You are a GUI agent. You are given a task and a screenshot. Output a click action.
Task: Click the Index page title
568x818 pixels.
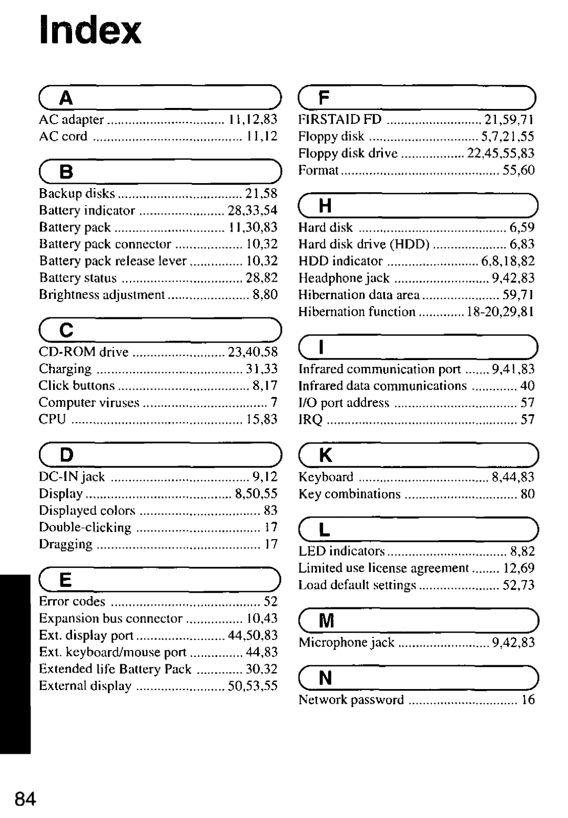[90, 30]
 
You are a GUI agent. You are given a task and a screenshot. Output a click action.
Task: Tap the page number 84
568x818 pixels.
[25, 799]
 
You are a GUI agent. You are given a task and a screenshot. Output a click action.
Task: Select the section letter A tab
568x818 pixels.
[66, 98]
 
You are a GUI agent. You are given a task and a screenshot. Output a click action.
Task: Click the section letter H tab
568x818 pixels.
[326, 206]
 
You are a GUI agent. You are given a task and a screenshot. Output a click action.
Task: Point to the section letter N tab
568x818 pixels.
[326, 678]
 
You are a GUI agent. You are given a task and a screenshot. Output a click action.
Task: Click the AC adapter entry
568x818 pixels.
[72, 119]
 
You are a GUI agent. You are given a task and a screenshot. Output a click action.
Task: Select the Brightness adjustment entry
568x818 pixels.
[102, 295]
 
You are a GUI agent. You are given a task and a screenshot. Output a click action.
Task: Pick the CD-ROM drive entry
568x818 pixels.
[84, 352]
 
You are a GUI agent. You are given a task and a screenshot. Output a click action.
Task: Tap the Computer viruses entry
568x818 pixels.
[89, 403]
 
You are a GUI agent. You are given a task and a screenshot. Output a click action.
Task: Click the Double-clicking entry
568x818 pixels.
[85, 527]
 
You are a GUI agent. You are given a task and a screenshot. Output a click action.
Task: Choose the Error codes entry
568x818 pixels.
[72, 602]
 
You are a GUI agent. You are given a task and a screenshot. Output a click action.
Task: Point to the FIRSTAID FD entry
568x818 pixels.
[340, 119]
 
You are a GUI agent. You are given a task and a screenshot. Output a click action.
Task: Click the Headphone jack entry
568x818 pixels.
[344, 278]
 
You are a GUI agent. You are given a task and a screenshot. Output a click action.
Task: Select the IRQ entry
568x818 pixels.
[310, 420]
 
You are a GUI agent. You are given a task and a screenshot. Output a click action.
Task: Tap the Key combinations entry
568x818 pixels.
[349, 494]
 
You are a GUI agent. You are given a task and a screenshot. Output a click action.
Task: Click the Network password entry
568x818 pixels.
[351, 700]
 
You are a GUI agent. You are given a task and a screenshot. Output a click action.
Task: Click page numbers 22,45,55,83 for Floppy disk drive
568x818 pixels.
[501, 153]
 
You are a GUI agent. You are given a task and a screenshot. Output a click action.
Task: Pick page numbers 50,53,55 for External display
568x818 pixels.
[252, 686]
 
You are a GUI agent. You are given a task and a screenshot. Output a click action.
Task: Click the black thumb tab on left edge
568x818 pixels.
[15, 663]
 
